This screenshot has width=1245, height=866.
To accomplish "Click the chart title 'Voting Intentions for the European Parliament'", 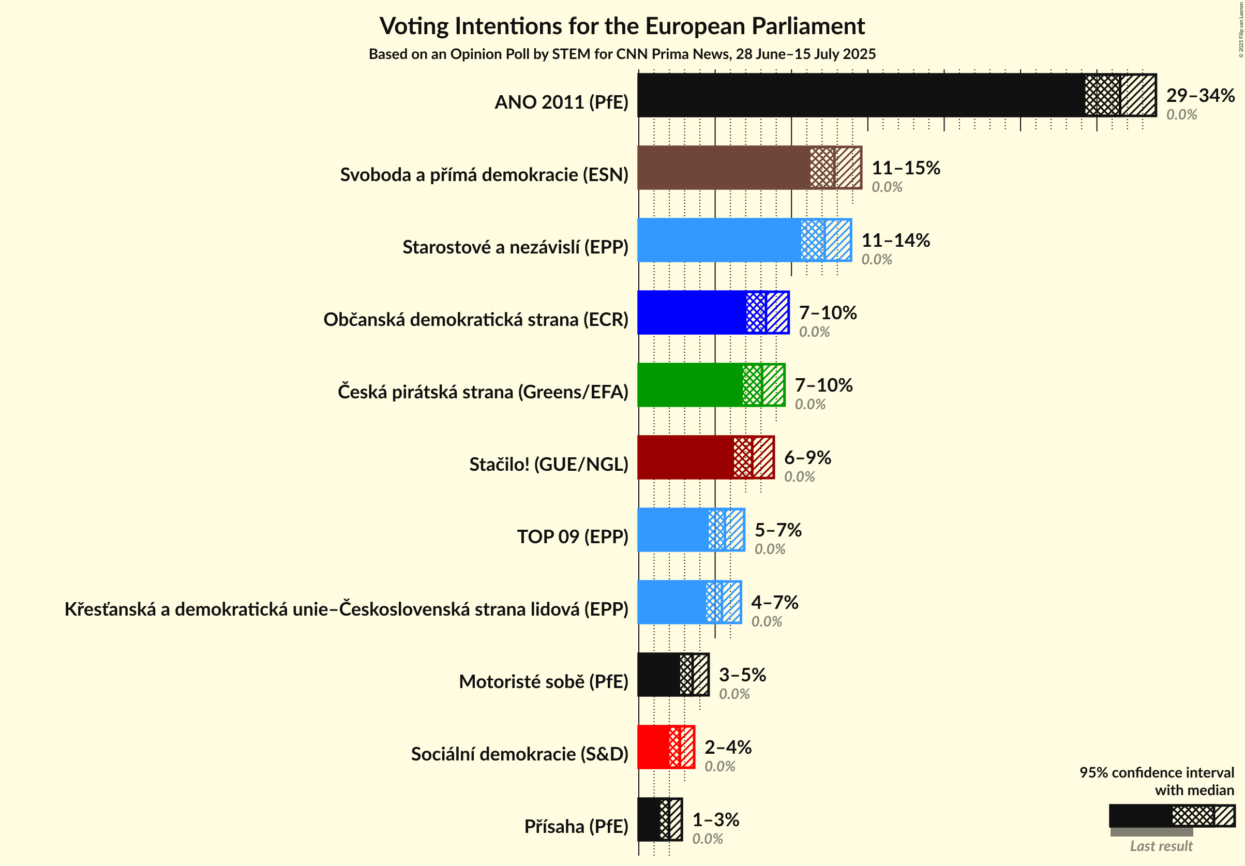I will click(x=622, y=26).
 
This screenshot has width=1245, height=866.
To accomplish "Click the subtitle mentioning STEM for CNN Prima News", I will click(x=622, y=54).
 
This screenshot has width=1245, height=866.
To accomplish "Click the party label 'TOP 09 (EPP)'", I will click(x=573, y=537).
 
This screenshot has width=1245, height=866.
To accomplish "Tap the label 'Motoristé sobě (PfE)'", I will click(x=543, y=682).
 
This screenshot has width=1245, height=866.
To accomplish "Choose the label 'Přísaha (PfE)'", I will click(x=576, y=826).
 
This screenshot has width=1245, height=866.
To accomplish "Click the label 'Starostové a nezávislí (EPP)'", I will click(x=515, y=247).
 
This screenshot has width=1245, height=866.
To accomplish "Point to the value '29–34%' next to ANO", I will click(x=1200, y=95).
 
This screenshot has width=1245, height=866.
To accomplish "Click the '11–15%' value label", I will click(x=906, y=168).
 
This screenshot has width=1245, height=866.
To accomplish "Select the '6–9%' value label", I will click(x=807, y=458).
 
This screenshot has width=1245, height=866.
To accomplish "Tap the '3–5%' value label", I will click(x=742, y=675).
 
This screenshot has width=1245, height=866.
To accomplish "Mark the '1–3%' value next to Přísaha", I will click(x=716, y=820).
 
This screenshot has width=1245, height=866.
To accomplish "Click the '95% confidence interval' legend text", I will click(x=1156, y=773).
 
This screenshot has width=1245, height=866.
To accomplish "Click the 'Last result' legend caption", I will click(x=1161, y=846).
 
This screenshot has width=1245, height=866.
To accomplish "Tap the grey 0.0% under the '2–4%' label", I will click(x=719, y=767).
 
